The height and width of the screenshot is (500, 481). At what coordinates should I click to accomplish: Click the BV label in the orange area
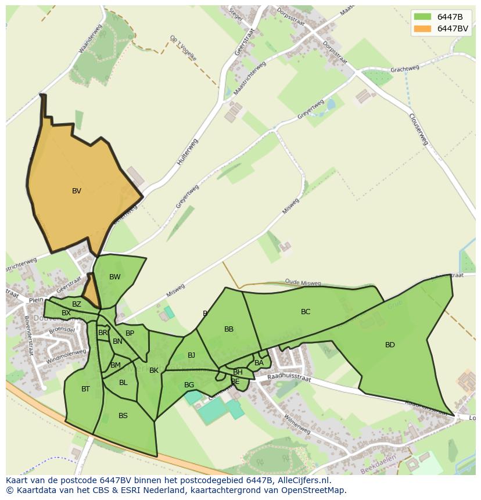77,191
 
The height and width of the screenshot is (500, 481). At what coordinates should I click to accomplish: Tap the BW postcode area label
115,277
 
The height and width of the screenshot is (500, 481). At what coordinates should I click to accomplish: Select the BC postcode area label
306,312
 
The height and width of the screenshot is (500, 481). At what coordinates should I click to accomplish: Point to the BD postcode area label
390,345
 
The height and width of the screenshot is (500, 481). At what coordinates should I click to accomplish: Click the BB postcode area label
229,329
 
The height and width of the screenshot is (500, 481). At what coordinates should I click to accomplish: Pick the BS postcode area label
123,416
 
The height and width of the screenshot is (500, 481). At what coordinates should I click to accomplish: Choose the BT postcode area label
85,389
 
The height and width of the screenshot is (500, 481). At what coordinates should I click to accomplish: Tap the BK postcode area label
154,370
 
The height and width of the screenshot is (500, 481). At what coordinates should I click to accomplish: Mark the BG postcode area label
189,385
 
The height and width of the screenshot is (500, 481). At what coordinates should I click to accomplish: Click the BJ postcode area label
191,355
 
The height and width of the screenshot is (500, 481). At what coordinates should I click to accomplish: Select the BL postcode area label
123,383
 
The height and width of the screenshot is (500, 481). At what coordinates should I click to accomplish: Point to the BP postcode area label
130,333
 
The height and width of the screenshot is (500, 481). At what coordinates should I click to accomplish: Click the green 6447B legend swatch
422,17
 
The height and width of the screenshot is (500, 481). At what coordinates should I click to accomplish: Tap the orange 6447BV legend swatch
422,28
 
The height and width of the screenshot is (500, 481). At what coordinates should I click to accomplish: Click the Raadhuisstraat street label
289,378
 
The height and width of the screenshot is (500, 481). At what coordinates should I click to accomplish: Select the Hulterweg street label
188,153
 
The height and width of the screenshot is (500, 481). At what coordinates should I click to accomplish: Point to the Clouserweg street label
418,129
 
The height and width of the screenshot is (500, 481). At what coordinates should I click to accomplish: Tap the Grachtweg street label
405,69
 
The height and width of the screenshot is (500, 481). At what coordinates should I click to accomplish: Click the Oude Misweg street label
303,283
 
